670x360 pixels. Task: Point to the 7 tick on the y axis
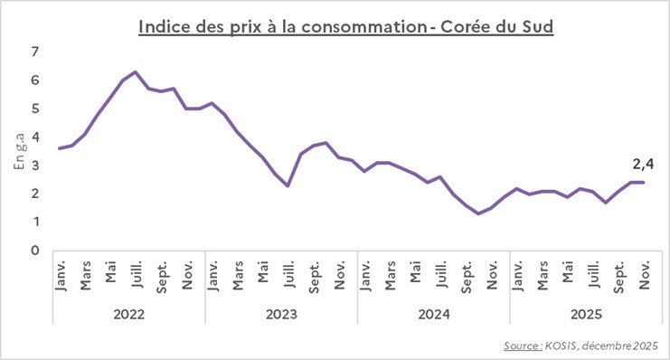point(35,52)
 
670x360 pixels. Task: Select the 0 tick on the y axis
point(35,251)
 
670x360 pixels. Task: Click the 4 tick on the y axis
point(35,137)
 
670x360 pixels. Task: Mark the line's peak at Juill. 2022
point(136,71)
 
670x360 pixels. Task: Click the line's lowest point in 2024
point(478,213)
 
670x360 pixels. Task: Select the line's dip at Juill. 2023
point(288,185)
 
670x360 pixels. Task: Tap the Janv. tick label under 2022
point(60,274)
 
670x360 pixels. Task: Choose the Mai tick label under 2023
point(262,274)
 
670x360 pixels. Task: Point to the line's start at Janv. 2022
point(59,148)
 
